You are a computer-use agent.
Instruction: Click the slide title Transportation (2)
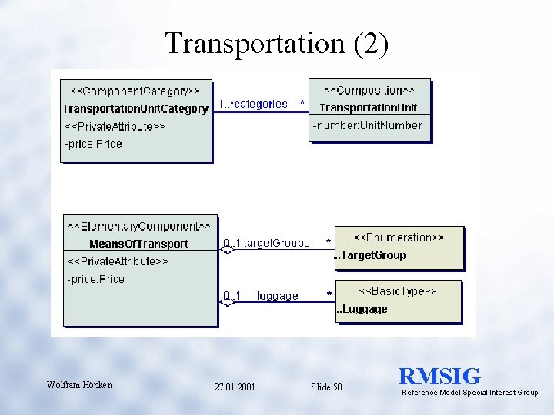click(277, 44)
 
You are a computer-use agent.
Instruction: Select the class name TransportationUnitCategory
click(135, 108)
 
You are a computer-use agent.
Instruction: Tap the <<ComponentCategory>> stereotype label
click(135, 91)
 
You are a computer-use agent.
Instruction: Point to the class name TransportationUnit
click(369, 108)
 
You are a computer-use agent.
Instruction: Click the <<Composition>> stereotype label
click(369, 90)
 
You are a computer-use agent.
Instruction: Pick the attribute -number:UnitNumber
click(367, 125)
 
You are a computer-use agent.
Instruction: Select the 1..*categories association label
click(253, 104)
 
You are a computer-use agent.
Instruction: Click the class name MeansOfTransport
click(138, 244)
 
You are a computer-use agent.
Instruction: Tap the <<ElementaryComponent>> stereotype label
click(138, 226)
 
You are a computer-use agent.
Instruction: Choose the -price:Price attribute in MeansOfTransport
click(95, 279)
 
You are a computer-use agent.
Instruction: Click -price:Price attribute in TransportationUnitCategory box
click(93, 144)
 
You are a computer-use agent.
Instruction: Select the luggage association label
click(277, 296)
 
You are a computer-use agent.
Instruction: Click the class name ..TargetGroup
click(372, 255)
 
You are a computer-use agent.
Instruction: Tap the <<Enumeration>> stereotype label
click(399, 237)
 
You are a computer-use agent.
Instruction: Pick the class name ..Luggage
click(362, 309)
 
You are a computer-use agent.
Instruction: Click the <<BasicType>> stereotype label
click(398, 291)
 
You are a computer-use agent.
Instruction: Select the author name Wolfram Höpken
click(79, 385)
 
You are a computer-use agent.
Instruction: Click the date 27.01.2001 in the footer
click(235, 387)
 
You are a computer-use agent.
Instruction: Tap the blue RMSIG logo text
click(439, 377)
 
